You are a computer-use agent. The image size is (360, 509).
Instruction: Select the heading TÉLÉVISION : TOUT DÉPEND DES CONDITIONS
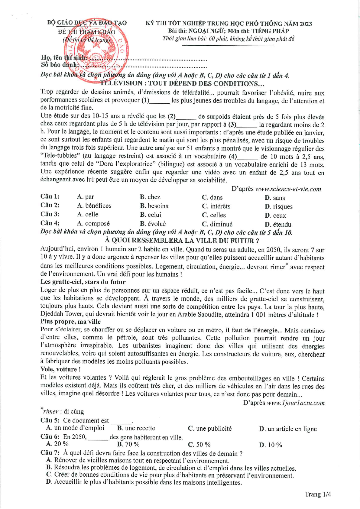tap(182, 83)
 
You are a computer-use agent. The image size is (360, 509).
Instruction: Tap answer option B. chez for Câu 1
tap(150, 197)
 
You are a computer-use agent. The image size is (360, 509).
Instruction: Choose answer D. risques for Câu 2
tap(279, 207)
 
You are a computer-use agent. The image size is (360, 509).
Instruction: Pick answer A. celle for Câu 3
tap(88, 215)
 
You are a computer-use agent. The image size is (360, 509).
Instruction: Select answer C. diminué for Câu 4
tap(217, 224)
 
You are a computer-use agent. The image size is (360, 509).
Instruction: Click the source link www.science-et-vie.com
tap(288, 189)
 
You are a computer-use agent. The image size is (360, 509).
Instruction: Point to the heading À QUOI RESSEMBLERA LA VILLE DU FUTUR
tap(182, 241)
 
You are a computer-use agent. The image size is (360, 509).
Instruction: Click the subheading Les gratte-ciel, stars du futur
tap(83, 282)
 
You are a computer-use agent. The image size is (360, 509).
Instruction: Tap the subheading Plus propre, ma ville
tap(70, 322)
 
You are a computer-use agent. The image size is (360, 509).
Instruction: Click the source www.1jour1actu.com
tap(296, 403)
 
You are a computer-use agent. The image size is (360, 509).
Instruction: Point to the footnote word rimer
tap(50, 412)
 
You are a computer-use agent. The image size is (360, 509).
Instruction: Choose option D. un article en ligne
tap(288, 429)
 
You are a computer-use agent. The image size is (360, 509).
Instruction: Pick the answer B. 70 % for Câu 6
tap(128, 444)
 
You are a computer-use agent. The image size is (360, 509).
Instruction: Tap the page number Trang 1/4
tap(318, 494)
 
